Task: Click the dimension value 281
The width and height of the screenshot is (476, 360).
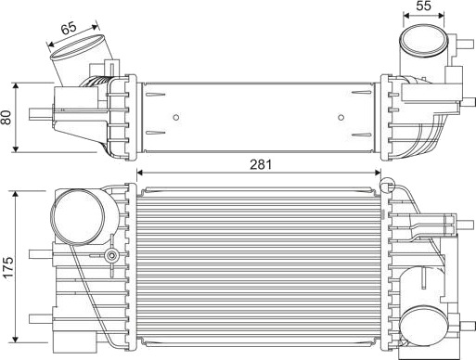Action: pos(261,164)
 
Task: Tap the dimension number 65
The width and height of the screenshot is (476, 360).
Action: pos(69,29)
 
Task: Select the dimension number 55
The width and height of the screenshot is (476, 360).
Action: pos(423,6)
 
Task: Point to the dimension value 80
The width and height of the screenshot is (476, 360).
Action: pos(6,117)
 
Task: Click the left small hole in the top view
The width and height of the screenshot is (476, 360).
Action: pos(176,117)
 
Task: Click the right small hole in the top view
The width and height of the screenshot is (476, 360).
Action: pos(341,117)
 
